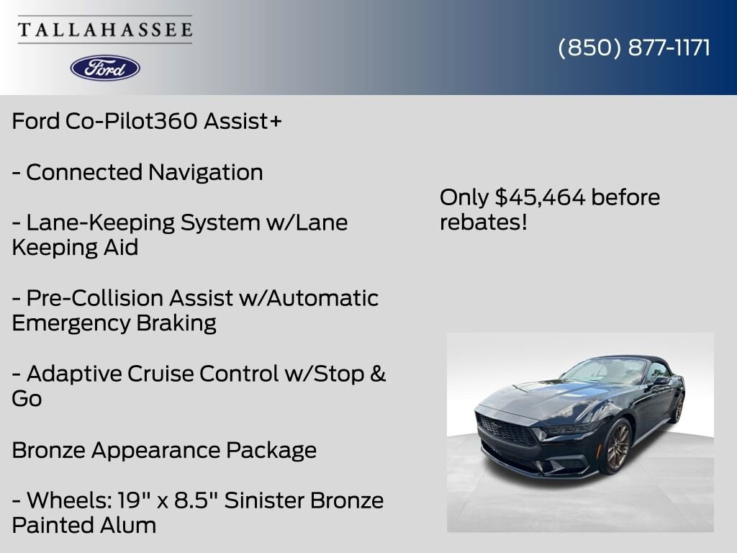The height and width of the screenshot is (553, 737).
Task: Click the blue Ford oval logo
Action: point(105,68)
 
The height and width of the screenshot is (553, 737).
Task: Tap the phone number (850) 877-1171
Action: point(634,48)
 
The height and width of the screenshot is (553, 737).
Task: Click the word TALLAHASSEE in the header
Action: point(105,30)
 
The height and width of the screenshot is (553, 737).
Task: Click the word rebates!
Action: point(483,222)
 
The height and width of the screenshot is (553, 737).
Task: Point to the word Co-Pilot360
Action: point(131,121)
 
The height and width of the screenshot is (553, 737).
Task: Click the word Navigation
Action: point(205,173)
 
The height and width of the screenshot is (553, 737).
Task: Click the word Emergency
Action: point(71,323)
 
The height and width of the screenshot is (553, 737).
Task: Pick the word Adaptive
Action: point(73,374)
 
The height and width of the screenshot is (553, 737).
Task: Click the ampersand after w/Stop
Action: point(378,374)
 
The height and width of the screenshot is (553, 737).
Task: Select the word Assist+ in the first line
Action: point(243,121)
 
